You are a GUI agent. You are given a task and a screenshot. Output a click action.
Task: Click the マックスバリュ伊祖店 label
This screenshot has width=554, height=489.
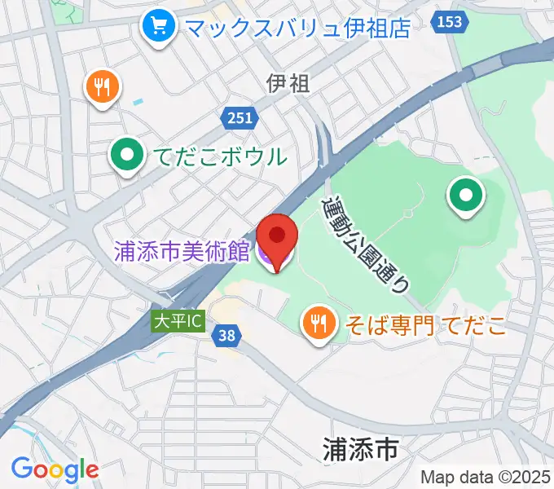[x=297, y=28]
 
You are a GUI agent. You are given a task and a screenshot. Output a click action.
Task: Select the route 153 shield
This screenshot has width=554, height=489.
[x=450, y=23]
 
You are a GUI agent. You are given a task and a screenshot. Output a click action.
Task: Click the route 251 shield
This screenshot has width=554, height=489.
[x=240, y=118]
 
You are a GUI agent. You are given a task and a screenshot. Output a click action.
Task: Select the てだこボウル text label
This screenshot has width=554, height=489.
[x=218, y=156]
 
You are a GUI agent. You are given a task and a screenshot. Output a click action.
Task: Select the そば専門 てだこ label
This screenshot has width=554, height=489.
[x=425, y=324]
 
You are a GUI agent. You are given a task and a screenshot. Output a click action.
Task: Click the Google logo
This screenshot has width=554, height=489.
[x=55, y=469]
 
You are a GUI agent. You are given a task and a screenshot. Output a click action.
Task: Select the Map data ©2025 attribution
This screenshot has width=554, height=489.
[x=486, y=477]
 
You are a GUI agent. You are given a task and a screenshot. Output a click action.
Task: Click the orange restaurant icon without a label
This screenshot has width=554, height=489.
[x=103, y=86]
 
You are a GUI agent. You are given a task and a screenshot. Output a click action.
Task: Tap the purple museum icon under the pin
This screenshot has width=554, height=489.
[x=269, y=255]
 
